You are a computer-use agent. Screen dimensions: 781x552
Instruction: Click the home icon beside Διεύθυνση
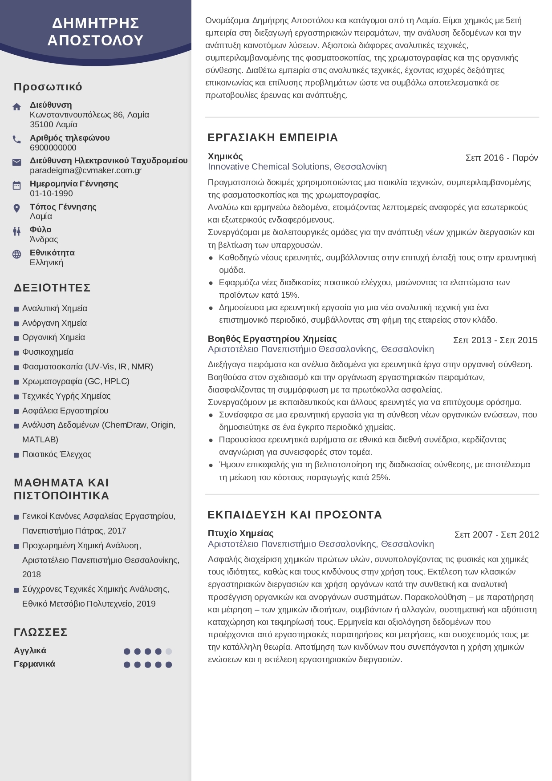17,107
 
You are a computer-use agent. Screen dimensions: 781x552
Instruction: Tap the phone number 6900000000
53,148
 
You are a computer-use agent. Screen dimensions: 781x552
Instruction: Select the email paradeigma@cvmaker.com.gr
85,170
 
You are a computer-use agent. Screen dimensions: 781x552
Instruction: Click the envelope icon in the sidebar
17,162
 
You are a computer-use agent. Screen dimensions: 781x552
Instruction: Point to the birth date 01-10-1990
51,194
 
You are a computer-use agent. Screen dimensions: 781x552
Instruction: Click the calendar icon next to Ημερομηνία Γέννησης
17,185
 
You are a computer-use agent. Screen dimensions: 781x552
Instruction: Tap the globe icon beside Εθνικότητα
17,254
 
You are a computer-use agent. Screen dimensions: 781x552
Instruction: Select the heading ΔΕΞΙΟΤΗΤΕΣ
52,288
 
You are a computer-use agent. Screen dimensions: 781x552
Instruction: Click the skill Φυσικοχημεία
48,352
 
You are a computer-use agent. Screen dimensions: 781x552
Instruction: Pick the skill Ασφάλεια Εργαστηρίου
65,411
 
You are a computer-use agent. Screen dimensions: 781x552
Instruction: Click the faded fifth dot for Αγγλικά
169,652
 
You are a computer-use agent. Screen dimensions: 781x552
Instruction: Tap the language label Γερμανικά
34,664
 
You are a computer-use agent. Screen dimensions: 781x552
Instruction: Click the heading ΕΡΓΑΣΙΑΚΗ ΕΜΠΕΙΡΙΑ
272,138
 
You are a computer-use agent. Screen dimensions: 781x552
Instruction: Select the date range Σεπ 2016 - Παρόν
501,158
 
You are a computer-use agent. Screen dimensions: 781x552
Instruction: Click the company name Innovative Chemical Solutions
268,167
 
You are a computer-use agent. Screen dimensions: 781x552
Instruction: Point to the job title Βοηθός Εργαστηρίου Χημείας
272,339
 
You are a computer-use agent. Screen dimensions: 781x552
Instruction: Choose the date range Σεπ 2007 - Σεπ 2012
496,534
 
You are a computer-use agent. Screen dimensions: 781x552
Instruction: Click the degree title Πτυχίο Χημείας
240,533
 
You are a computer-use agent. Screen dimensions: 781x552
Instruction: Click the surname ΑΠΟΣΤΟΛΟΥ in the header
95,40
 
